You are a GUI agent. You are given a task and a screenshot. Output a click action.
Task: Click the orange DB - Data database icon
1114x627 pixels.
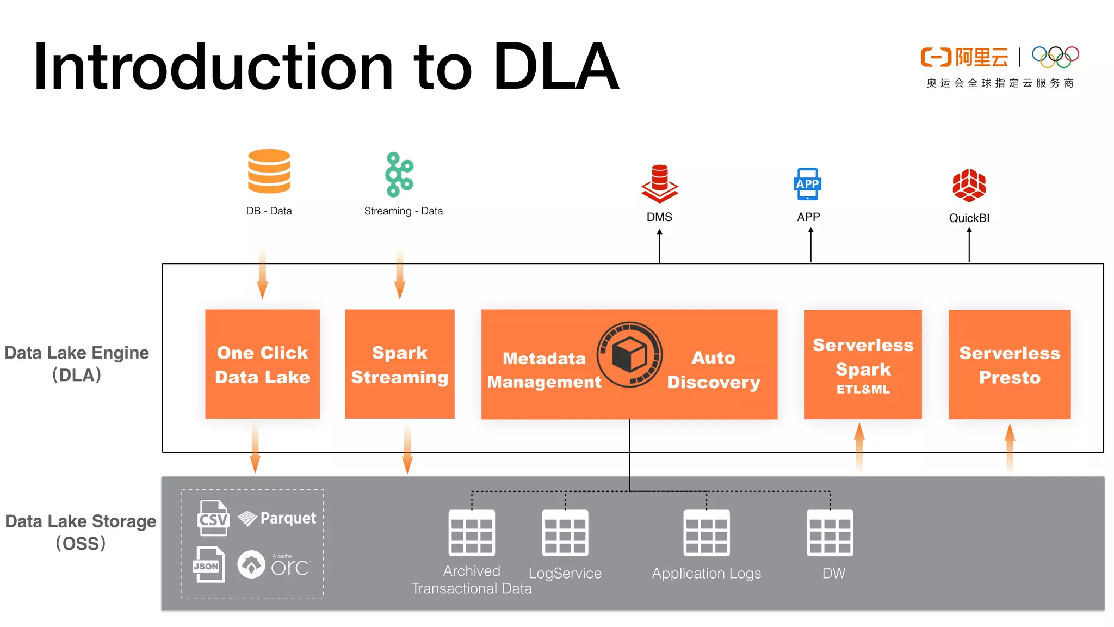[x=269, y=171]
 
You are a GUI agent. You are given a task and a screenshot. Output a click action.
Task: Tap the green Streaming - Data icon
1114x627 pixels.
[x=399, y=174]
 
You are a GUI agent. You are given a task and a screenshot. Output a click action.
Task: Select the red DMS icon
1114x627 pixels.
[x=659, y=184]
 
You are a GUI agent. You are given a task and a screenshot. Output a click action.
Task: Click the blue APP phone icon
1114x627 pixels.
[x=808, y=184]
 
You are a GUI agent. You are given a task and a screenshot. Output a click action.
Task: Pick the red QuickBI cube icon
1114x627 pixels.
[x=969, y=185]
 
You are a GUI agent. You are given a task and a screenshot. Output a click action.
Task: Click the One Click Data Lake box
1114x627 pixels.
[x=262, y=364]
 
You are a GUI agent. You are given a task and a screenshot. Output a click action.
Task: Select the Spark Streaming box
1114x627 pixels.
[x=399, y=364]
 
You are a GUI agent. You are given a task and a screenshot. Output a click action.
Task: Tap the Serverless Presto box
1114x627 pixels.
[x=1009, y=365]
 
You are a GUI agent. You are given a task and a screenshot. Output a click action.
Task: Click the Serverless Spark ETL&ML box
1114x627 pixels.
[x=863, y=365]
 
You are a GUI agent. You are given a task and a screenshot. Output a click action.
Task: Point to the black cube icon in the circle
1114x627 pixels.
[x=629, y=354]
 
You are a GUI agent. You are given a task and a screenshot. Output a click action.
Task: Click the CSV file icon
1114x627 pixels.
[x=213, y=518]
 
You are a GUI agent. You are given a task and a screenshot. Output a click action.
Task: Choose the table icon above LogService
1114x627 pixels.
[x=565, y=532]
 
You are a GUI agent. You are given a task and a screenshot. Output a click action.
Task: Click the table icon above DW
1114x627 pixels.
[x=830, y=532]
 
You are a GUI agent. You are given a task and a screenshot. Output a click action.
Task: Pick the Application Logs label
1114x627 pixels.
[x=706, y=573]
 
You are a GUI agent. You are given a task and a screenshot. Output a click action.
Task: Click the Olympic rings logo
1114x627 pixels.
[x=1055, y=57]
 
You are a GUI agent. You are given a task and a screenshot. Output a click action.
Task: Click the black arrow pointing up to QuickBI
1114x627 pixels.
[x=969, y=245]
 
